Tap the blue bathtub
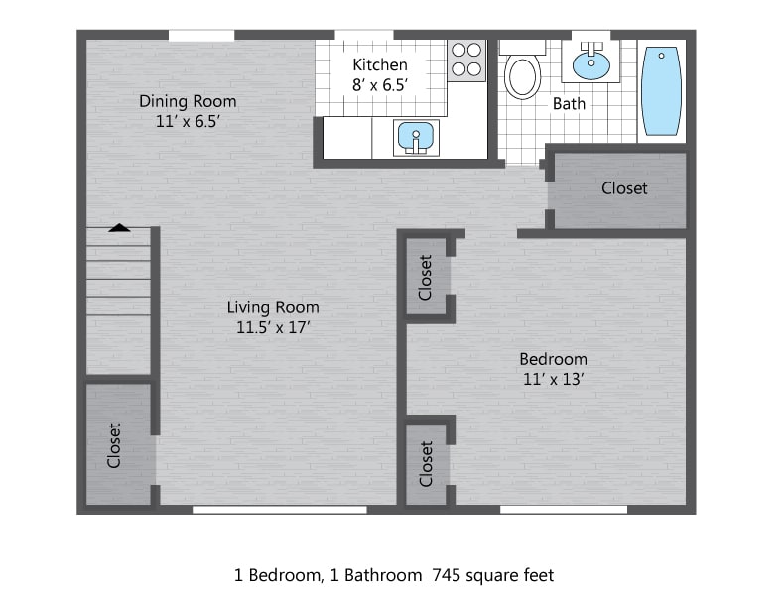(660, 90)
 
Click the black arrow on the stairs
(119, 227)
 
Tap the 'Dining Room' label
(188, 101)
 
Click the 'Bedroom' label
(553, 359)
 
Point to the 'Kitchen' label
(380, 65)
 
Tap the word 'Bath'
(569, 103)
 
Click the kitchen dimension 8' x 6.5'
(380, 85)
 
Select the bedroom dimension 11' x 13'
(553, 379)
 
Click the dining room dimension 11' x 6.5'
(188, 121)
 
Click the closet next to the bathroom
(623, 188)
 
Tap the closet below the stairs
(115, 445)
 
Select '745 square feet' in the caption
(492, 575)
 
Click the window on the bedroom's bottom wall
(563, 510)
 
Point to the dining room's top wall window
(200, 36)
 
